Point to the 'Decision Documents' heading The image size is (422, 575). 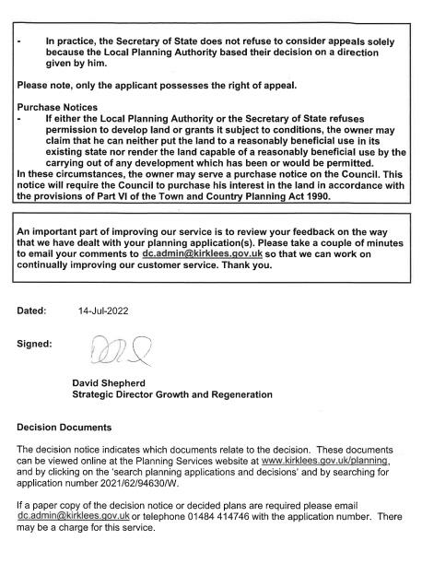click(x=64, y=427)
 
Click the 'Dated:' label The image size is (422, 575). click(x=32, y=311)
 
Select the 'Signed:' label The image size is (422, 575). click(x=34, y=344)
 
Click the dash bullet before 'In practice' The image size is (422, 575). click(x=19, y=41)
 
